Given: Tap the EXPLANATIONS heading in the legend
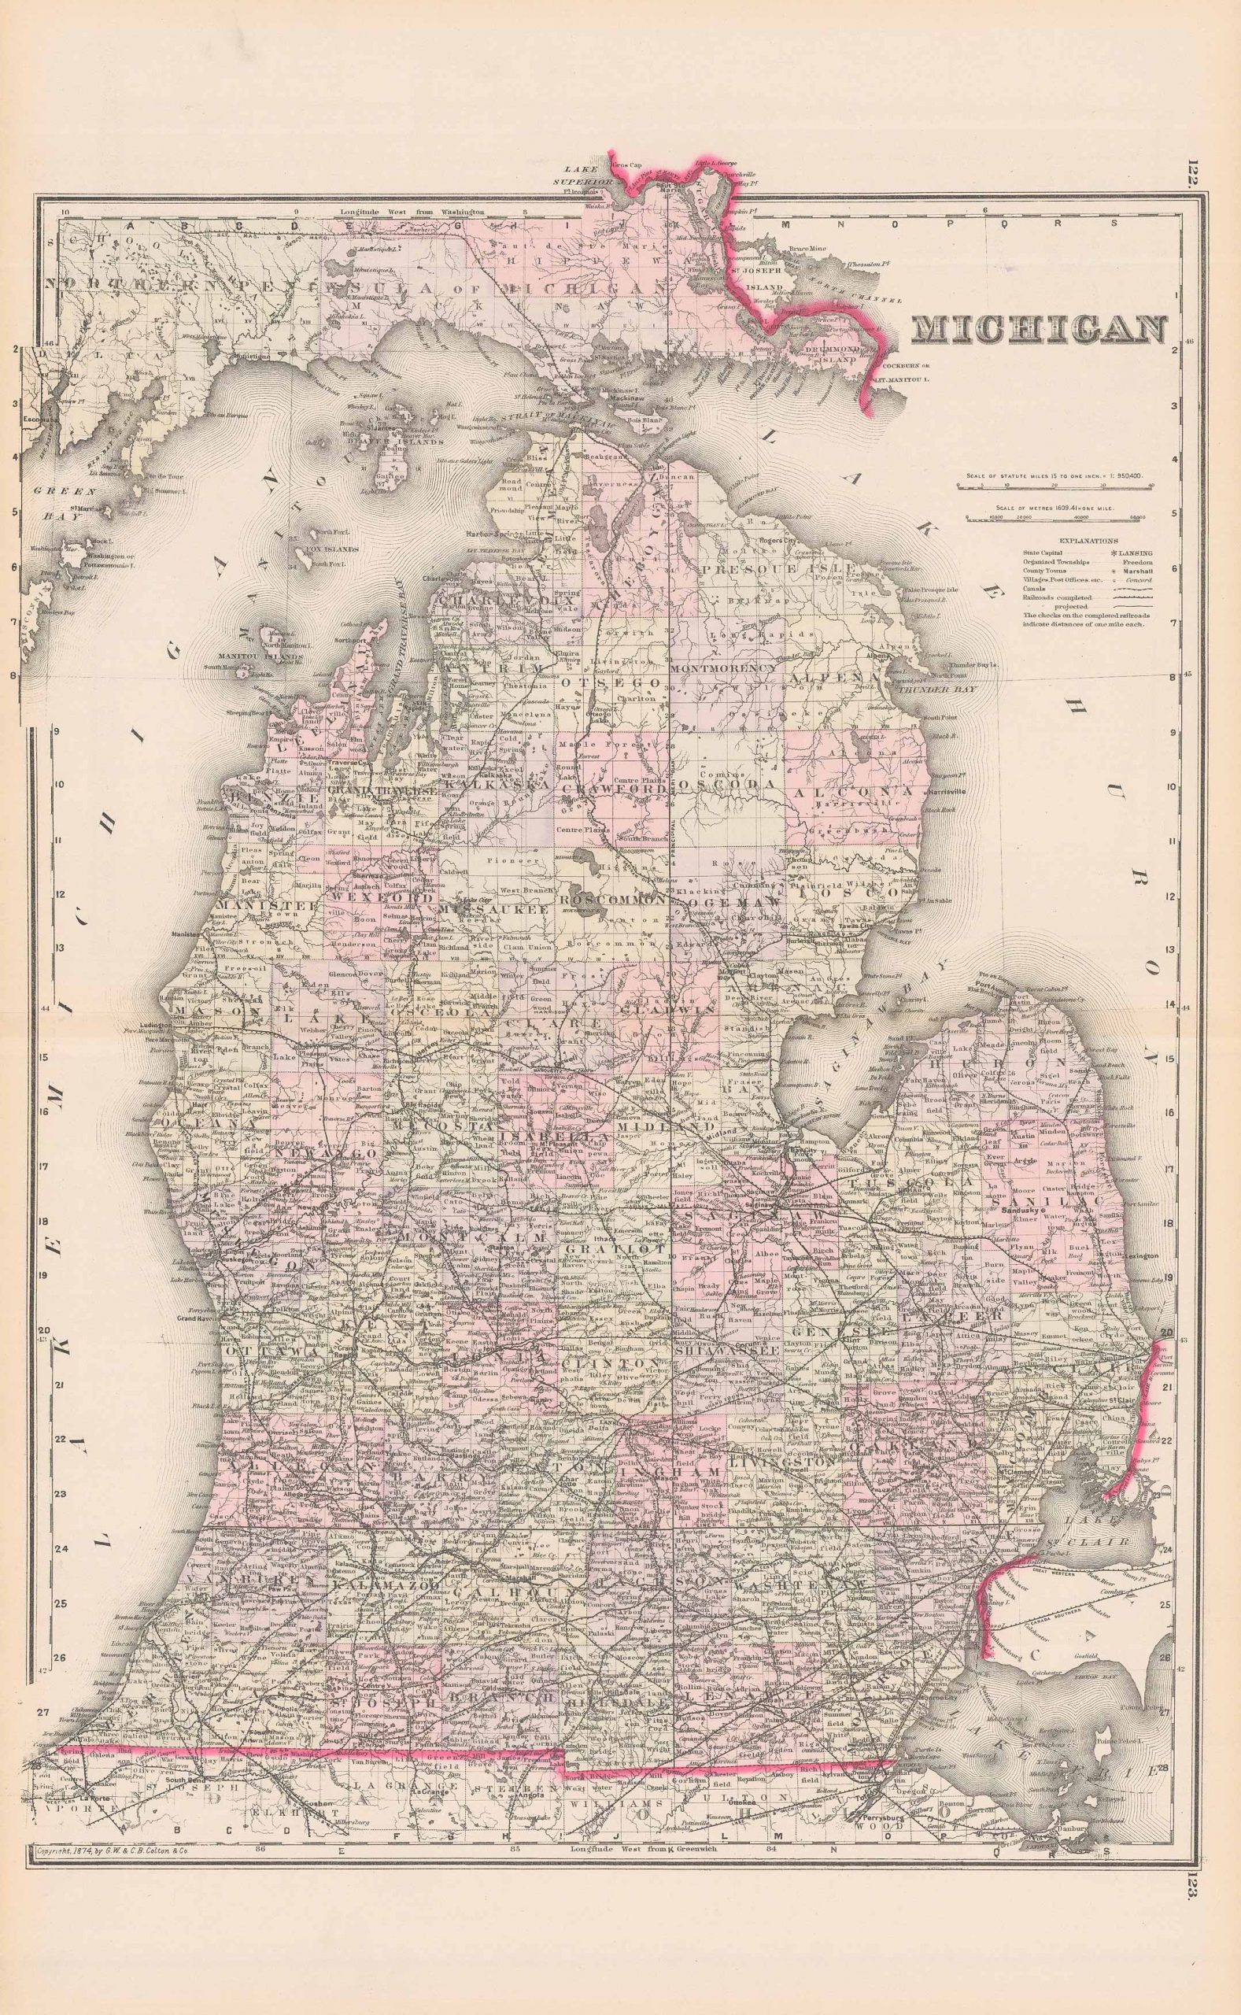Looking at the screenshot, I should (1087, 542).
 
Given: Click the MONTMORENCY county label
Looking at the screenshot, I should (722, 669).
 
